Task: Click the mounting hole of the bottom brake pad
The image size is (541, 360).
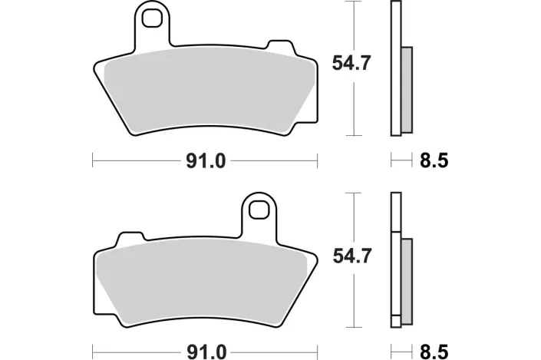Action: (x=260, y=207)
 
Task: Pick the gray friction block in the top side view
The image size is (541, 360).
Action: (x=406, y=88)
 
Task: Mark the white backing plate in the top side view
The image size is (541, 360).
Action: (x=396, y=31)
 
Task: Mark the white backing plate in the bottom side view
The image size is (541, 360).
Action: (x=396, y=215)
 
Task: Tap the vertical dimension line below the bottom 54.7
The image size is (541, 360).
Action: (x=353, y=299)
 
